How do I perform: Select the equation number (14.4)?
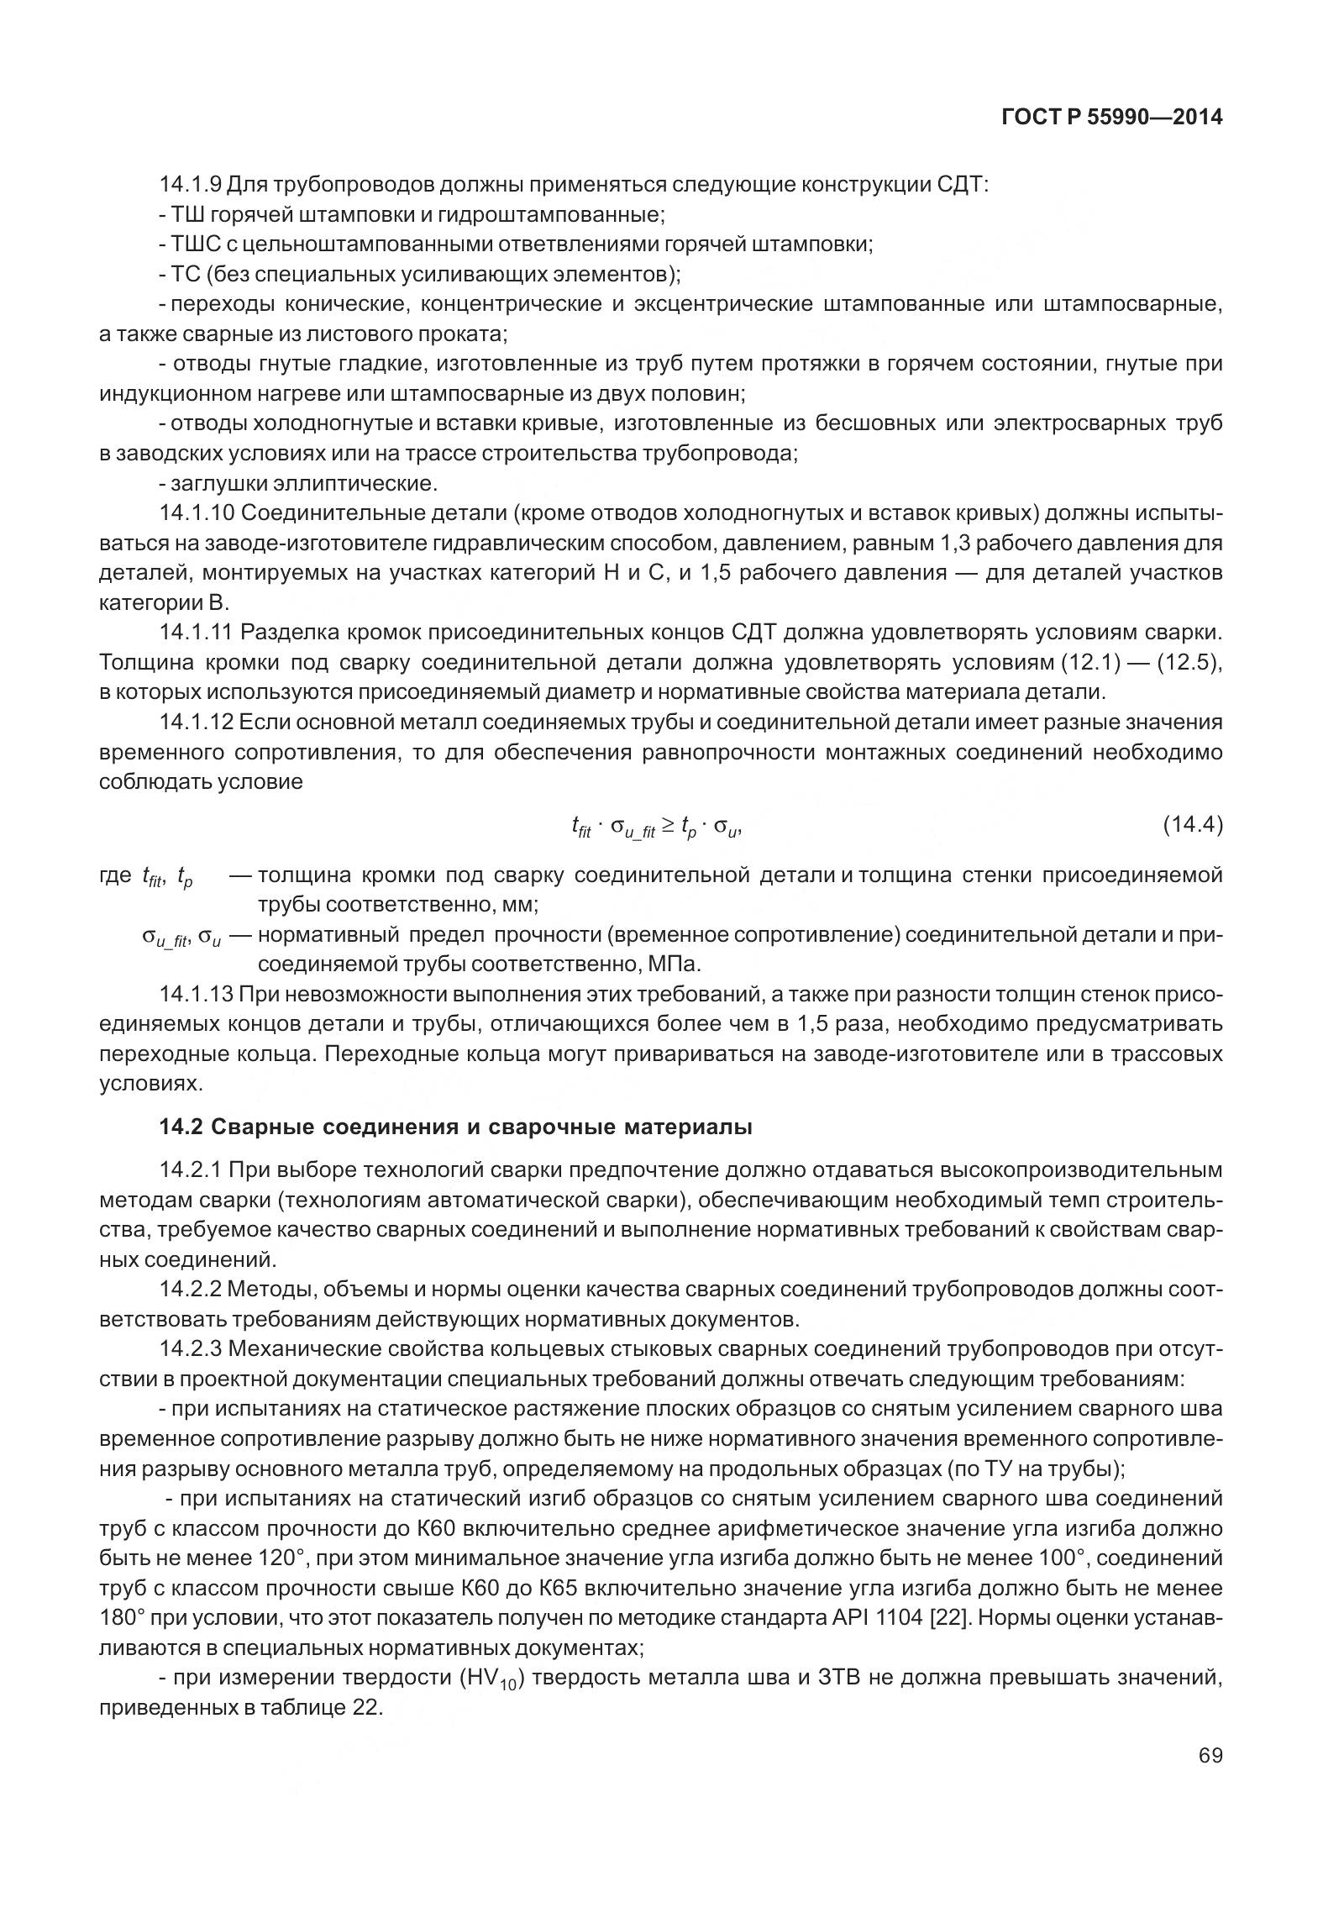coord(1192,826)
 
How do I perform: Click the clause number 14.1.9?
coord(191,184)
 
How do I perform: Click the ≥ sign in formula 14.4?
coord(667,826)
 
